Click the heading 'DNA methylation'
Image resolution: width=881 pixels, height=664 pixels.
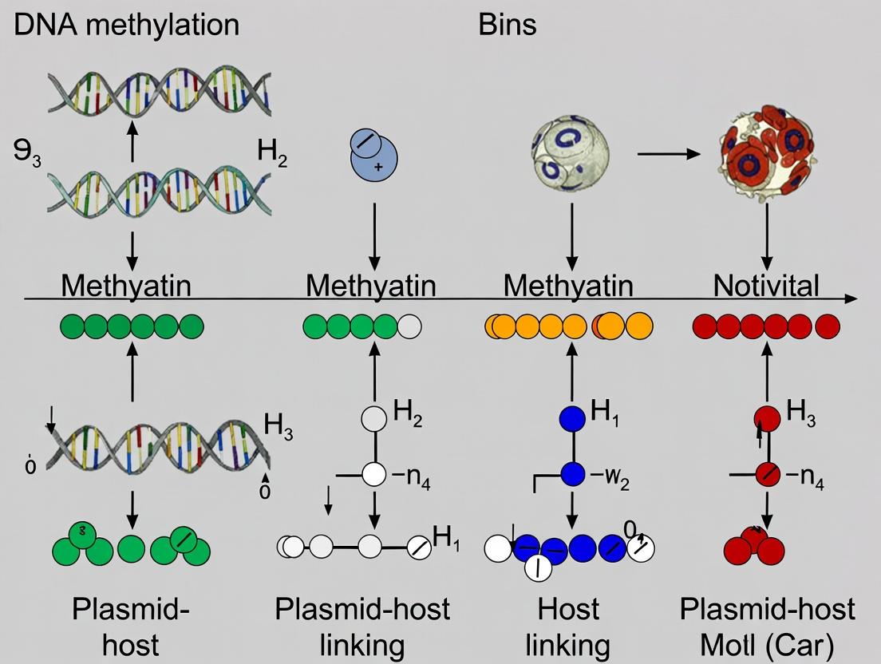pyautogui.click(x=126, y=25)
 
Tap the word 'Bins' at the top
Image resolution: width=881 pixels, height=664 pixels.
pyautogui.click(x=507, y=25)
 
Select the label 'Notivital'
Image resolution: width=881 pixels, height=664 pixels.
pyautogui.click(x=766, y=285)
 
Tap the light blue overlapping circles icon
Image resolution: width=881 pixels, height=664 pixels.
pyautogui.click(x=372, y=154)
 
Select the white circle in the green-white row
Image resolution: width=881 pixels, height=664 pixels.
pyautogui.click(x=409, y=326)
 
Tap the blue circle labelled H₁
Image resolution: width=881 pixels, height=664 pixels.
pyautogui.click(x=571, y=417)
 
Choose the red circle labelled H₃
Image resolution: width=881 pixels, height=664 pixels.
pyautogui.click(x=767, y=417)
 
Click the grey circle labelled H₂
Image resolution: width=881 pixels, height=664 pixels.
pyautogui.click(x=373, y=417)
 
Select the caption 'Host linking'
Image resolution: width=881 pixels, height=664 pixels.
pyautogui.click(x=570, y=626)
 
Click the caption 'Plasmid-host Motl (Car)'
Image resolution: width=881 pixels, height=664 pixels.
pyautogui.click(x=767, y=626)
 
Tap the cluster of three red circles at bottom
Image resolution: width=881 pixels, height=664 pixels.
pyautogui.click(x=754, y=545)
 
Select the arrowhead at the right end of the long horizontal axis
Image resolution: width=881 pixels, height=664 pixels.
pyautogui.click(x=852, y=298)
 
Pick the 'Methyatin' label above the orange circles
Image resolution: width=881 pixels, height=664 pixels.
pyautogui.click(x=569, y=285)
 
